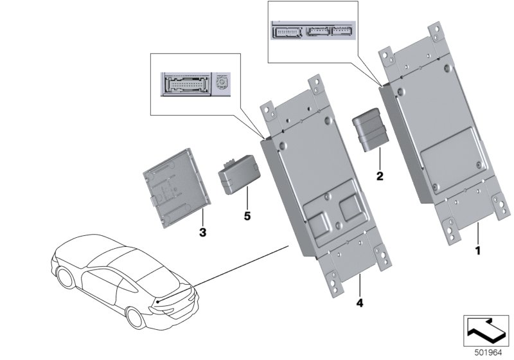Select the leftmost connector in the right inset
point(286,32)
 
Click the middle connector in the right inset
point(317,32)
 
